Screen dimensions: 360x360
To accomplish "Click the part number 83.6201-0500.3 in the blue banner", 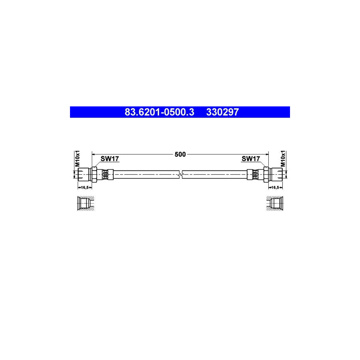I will point(159,112).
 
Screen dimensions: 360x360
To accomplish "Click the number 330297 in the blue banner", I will point(222,112).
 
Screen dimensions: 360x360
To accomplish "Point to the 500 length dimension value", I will point(180,154).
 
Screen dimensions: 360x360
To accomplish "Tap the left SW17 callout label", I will point(110,159).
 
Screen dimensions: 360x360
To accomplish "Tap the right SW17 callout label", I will point(251,159).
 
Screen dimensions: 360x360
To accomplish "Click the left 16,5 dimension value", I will point(84,187).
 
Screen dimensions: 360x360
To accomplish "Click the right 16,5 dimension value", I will point(276,187).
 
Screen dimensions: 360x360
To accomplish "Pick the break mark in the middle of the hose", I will point(180,174).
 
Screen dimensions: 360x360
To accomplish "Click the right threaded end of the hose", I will point(278,174).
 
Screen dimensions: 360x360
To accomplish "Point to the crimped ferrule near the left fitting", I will point(105,174).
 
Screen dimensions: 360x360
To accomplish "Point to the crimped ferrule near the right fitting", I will point(255,174).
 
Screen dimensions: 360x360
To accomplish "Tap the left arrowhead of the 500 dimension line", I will point(94,154).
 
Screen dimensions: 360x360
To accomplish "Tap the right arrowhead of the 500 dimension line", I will point(266,154).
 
